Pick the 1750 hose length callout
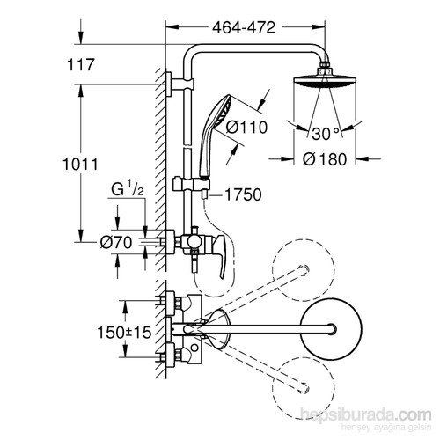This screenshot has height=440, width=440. point(243,194)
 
